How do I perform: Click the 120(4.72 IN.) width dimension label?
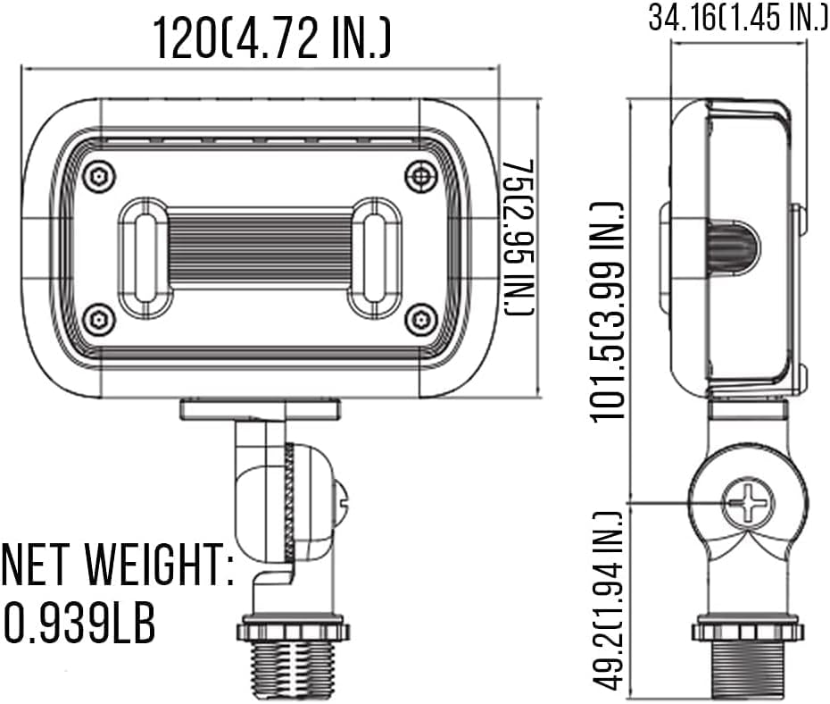271,38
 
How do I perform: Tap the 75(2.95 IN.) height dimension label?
519,237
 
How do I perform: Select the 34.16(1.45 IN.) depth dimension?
738,19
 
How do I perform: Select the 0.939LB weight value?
80,622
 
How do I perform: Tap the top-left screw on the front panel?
99,176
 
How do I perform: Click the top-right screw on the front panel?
420,176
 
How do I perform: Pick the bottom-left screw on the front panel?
99,318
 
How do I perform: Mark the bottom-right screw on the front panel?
420,318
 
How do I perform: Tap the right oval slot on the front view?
375,257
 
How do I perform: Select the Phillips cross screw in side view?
748,504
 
